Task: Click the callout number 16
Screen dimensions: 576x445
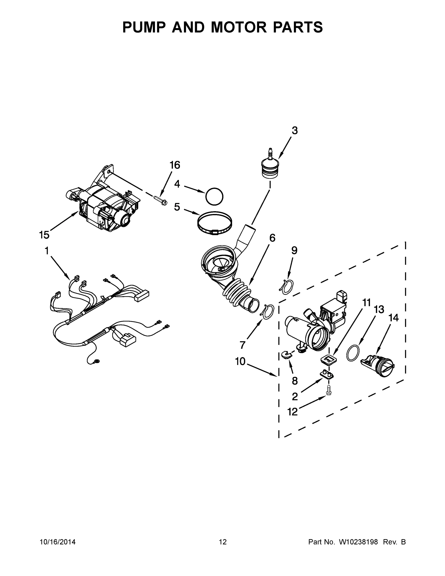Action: point(174,165)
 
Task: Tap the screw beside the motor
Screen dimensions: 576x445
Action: point(160,201)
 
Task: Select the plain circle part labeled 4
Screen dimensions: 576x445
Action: point(214,197)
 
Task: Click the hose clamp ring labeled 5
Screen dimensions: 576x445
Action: point(215,224)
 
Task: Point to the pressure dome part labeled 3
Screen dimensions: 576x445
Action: point(269,165)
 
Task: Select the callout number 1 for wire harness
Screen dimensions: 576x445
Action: point(47,251)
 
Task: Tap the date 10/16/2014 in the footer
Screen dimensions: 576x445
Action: point(58,542)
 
